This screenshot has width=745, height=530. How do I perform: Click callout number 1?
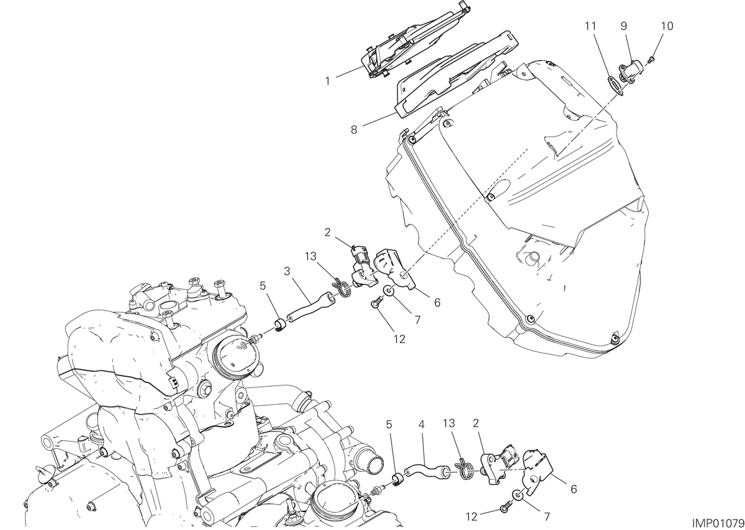point(327,81)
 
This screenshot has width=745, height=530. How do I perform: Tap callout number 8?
point(354,130)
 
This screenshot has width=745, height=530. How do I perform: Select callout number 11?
point(590,26)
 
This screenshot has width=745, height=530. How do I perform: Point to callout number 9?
point(623,26)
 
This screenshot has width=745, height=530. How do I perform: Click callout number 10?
point(667,26)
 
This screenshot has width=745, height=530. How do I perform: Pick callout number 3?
point(287,272)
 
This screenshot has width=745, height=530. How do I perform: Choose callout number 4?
point(422,425)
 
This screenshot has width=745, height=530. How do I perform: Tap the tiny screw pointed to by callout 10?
point(652,59)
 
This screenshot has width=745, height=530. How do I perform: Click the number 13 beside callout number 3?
point(310,257)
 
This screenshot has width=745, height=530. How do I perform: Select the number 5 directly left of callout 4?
point(389,425)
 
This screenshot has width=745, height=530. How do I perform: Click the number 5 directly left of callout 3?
point(263,286)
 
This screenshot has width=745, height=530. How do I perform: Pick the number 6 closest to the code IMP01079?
point(574,490)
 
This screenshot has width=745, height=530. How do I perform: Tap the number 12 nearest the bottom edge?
point(472,516)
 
